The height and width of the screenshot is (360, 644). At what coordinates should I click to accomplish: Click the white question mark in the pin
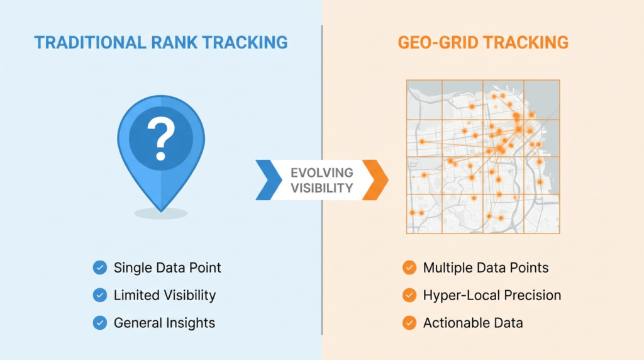click(160, 139)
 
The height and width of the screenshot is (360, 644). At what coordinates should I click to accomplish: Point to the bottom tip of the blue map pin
click(161, 210)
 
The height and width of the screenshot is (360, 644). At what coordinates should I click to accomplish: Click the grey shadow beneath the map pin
click(161, 214)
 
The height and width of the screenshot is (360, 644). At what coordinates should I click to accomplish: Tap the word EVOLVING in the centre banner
click(321, 172)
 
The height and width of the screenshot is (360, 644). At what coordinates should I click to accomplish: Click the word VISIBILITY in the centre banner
click(321, 188)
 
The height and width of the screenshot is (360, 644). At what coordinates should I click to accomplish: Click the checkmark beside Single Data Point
click(99, 267)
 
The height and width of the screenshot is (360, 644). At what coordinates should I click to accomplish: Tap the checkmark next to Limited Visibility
click(99, 295)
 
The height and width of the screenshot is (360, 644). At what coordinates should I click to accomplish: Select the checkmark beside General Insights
click(99, 323)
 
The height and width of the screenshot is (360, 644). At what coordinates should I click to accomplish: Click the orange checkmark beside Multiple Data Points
click(409, 267)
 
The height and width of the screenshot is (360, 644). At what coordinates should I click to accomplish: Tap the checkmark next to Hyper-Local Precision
click(409, 295)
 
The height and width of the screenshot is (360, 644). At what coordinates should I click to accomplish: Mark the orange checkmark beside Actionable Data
click(409, 323)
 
